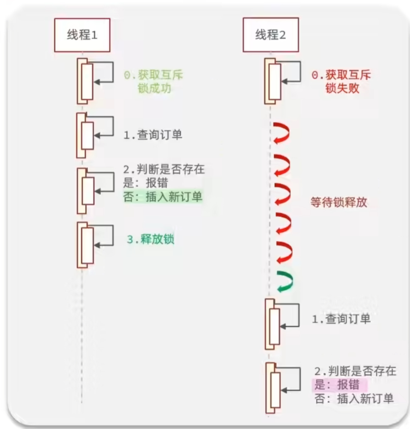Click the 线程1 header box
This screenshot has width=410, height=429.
click(82, 35)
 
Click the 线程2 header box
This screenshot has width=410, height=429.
click(270, 35)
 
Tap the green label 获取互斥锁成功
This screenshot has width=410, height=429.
click(153, 82)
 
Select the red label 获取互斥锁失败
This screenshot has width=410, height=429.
click(342, 82)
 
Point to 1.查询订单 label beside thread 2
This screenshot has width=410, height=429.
click(341, 319)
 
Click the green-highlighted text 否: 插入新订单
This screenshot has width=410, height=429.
click(163, 197)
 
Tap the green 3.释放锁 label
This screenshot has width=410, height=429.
click(151, 239)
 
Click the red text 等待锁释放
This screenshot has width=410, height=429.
click(339, 202)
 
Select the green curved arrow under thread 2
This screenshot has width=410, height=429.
click(284, 281)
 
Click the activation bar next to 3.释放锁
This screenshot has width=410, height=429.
click(85, 245)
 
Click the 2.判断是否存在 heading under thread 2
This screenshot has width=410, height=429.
click(355, 371)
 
